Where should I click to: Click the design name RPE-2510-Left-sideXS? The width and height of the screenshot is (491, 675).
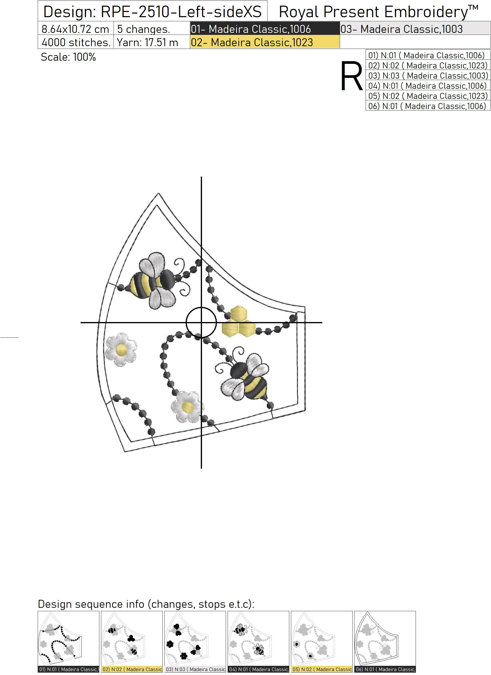point(181,12)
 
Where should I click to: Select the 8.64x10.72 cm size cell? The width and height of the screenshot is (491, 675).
point(76,29)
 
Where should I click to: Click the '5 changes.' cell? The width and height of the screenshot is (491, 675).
point(144,29)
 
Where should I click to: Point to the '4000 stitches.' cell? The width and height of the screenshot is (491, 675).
point(76,42)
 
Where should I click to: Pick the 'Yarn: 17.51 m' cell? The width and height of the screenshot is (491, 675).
point(147,42)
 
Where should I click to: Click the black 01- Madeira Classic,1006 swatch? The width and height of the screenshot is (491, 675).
point(265,29)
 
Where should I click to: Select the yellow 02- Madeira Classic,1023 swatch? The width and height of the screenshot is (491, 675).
point(265,42)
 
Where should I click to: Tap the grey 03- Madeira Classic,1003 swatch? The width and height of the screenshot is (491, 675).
point(415,29)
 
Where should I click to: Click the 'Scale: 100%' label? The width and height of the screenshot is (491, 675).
point(68,57)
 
